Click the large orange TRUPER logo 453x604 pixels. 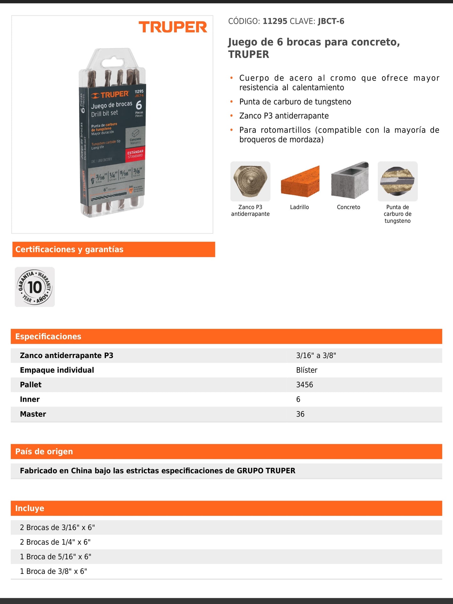(x=173, y=27)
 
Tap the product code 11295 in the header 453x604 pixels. (x=275, y=21)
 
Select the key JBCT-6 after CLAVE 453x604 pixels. (x=331, y=21)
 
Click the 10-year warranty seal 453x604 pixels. (x=35, y=287)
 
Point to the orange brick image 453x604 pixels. (x=300, y=181)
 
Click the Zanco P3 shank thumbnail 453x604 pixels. (x=250, y=181)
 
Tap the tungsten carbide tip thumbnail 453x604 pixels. (x=397, y=181)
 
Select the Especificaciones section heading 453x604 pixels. (x=48, y=336)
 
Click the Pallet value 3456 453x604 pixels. (x=304, y=385)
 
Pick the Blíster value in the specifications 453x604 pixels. (x=307, y=370)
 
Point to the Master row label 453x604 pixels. (x=33, y=414)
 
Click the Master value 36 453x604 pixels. (x=300, y=414)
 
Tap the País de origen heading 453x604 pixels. (x=44, y=451)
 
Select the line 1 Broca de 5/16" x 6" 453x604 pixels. (x=55, y=557)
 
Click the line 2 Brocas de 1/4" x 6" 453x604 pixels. (x=55, y=542)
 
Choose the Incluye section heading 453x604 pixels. (x=30, y=508)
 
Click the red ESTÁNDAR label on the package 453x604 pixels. (x=135, y=154)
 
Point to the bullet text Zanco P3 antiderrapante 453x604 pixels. (x=284, y=116)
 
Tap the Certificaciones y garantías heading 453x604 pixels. (x=69, y=249)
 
